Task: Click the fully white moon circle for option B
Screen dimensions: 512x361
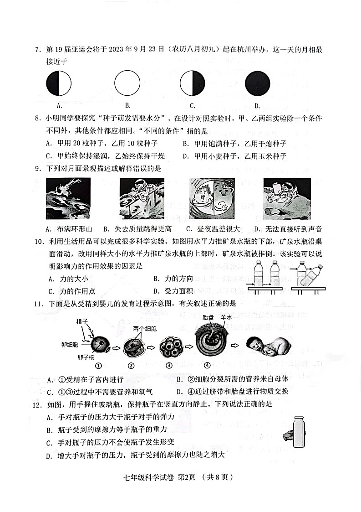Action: (127, 84)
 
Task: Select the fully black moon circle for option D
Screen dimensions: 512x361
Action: (258, 84)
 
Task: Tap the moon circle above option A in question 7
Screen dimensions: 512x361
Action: (59, 84)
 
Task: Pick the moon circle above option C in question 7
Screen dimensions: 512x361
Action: (193, 84)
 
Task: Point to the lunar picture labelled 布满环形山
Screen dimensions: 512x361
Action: (68, 198)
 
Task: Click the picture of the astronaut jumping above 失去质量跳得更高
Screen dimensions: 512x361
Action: (142, 198)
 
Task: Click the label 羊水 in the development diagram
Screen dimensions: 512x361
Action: (227, 316)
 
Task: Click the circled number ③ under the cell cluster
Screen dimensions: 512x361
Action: (169, 366)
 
